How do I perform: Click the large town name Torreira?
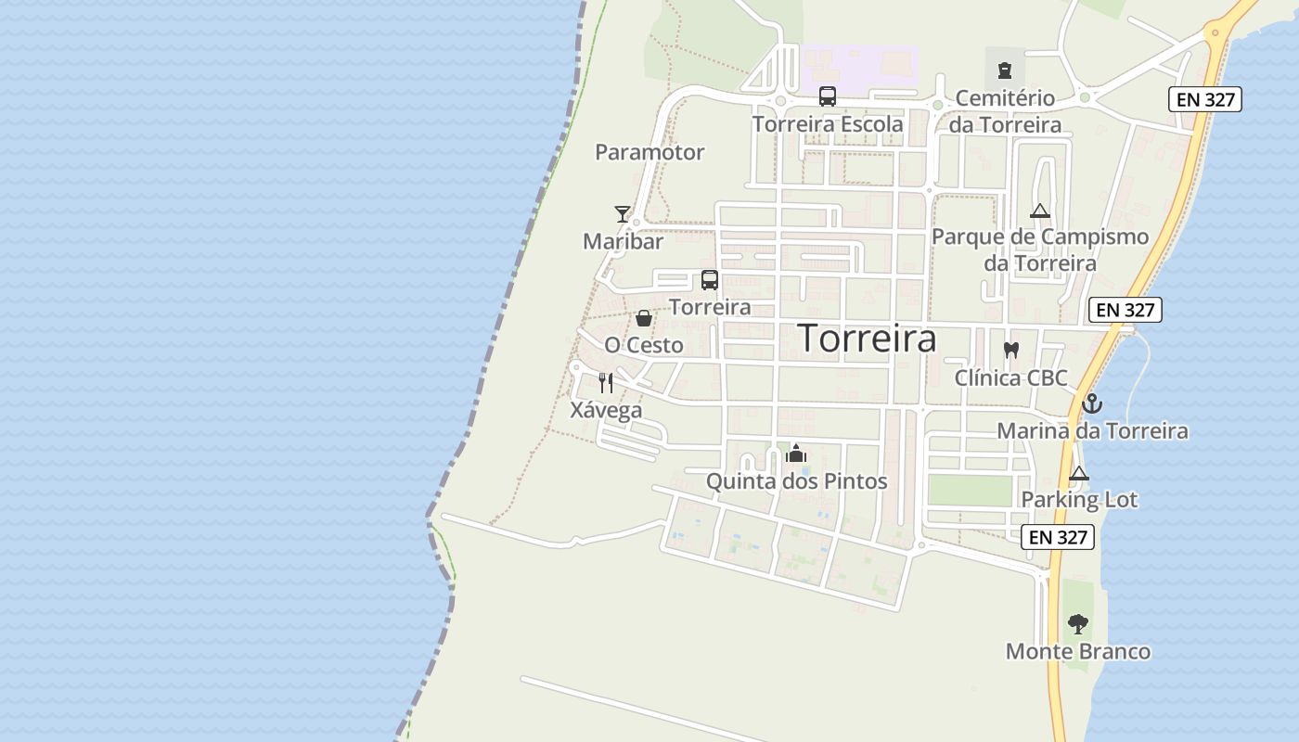point(867,339)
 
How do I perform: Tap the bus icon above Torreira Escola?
point(828,96)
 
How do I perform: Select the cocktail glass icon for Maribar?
point(622,214)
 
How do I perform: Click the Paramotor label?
point(649,152)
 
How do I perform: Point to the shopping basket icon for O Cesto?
point(644,319)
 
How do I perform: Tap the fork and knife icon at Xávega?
point(606,383)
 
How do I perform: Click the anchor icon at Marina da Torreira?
point(1092,404)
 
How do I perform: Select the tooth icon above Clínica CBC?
point(1011,351)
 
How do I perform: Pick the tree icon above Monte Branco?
point(1077,624)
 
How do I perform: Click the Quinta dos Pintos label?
point(796,481)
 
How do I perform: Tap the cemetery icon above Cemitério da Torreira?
point(1004,70)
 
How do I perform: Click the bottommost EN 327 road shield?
point(1058,537)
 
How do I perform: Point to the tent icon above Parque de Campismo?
point(1039,211)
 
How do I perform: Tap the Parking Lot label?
point(1079,500)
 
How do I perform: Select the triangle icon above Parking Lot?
point(1078,474)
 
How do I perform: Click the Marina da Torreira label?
point(1092,431)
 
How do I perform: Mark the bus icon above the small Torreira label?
point(710,280)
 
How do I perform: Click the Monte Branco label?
point(1078,652)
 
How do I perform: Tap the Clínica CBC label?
point(1011,378)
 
